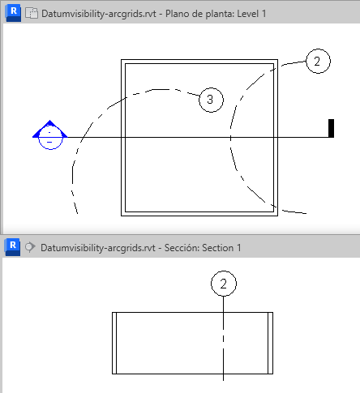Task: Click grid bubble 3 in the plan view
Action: pyautogui.click(x=211, y=100)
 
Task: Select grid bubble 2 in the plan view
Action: pyautogui.click(x=318, y=61)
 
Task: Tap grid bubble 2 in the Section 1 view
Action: pyautogui.click(x=224, y=284)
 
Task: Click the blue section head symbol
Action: pyautogui.click(x=50, y=135)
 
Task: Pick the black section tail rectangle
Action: pyautogui.click(x=331, y=128)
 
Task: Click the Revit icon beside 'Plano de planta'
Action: pyautogui.click(x=13, y=13)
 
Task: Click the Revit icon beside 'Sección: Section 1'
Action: pyautogui.click(x=12, y=247)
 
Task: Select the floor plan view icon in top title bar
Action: pyautogui.click(x=32, y=13)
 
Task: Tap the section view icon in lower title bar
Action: pyautogui.click(x=30, y=247)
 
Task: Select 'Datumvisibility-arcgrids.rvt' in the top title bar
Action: pyautogui.click(x=99, y=14)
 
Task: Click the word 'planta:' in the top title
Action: pyautogui.click(x=220, y=14)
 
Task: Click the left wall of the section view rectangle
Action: pyautogui.click(x=114, y=343)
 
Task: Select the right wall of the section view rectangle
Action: pyautogui.click(x=270, y=343)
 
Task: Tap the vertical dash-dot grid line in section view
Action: pyautogui.click(x=223, y=339)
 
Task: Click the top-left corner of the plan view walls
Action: pyautogui.click(x=122, y=60)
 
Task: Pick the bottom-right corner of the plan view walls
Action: pyautogui.click(x=277, y=216)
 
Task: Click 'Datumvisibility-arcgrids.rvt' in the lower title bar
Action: pyautogui.click(x=98, y=248)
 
